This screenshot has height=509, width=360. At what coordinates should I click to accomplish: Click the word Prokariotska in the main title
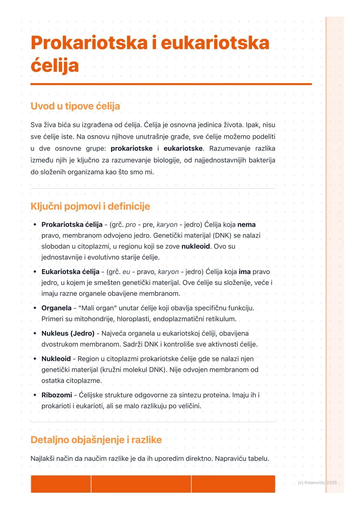89,43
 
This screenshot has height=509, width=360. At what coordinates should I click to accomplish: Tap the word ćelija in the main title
55,66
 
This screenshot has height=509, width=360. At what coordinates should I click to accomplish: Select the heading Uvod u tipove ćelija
75,106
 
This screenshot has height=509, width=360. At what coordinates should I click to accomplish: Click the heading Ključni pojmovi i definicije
90,206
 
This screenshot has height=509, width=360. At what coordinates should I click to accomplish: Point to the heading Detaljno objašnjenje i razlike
96,440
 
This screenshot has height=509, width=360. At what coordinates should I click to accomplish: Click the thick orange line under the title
171,84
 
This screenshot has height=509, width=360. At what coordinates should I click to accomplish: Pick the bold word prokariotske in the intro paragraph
131,149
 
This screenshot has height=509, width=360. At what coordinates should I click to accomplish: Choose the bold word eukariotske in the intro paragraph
183,149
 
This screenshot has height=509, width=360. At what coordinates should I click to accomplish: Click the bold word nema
246,225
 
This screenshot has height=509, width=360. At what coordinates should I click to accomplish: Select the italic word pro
131,225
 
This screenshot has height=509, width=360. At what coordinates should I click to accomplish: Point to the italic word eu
126,272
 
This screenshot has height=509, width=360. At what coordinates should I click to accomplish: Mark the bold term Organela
56,308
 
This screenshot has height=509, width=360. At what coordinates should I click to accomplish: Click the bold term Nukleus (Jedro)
68,333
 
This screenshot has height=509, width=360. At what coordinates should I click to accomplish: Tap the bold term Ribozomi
57,395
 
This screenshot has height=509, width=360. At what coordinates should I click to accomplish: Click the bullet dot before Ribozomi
35,395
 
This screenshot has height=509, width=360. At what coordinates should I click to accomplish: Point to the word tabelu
258,459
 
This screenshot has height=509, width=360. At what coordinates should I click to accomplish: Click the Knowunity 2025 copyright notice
317,483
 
